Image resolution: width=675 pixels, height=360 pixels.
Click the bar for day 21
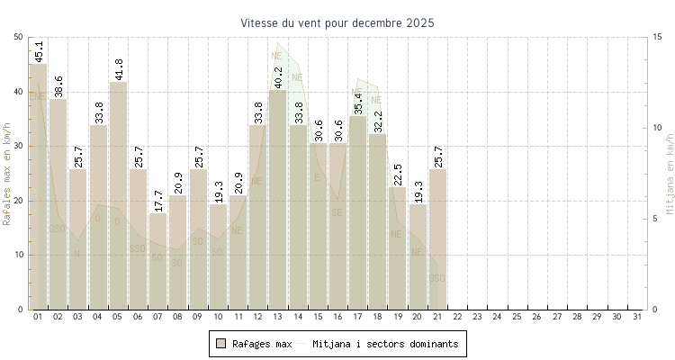(437, 239)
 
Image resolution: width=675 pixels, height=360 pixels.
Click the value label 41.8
(119, 68)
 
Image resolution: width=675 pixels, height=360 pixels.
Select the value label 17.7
(158, 201)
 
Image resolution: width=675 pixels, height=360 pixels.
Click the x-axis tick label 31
(637, 317)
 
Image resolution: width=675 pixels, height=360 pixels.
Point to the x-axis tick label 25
(517, 317)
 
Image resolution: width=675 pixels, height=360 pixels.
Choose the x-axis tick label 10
(218, 317)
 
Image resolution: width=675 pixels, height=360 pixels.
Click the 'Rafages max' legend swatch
(220, 343)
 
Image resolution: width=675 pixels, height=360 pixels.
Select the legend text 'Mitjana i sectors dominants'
(385, 344)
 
